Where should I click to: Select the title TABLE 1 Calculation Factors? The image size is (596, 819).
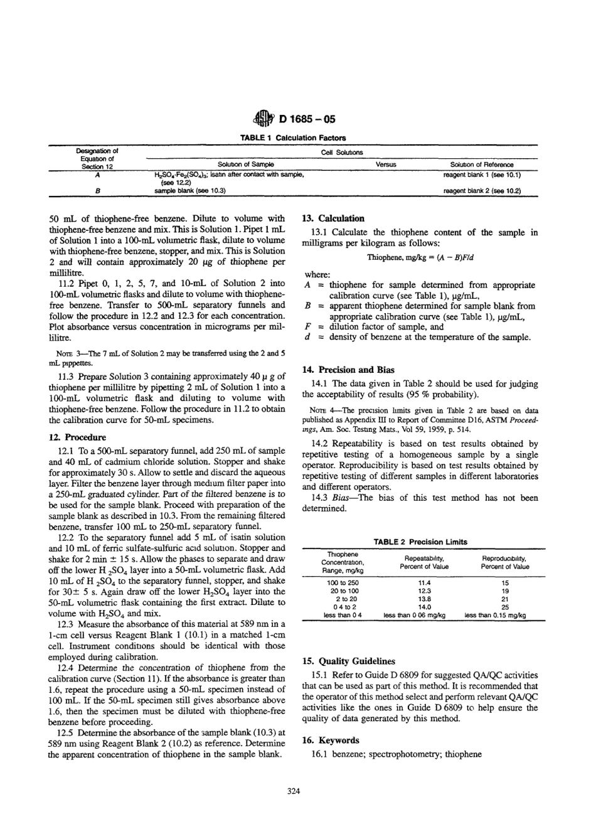[x=298, y=137]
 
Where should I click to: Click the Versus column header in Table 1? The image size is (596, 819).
[x=385, y=164]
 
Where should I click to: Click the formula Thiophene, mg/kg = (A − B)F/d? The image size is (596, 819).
[x=420, y=257]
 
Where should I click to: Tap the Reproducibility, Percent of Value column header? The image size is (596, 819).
[x=504, y=562]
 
